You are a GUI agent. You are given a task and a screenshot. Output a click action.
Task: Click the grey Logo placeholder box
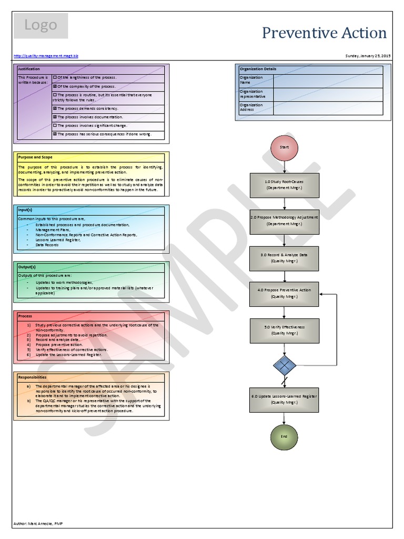(x=41, y=26)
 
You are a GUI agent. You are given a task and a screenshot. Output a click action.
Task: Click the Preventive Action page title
(x=324, y=33)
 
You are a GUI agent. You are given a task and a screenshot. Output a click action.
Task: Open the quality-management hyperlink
(x=46, y=56)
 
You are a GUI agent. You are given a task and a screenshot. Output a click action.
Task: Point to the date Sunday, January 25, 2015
(x=368, y=56)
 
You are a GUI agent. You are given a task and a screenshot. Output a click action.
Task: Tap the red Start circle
(x=284, y=147)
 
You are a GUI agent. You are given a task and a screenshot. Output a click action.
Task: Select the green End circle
(x=284, y=436)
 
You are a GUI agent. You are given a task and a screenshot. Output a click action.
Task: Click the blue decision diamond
(x=285, y=365)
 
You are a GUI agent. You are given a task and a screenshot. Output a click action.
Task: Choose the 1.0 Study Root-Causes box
(x=284, y=184)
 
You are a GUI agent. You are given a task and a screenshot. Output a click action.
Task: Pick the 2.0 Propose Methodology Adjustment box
(x=284, y=220)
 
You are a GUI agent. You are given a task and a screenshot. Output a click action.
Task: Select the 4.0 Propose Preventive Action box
(x=284, y=293)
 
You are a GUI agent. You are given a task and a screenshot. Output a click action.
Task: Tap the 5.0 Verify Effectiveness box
(x=284, y=330)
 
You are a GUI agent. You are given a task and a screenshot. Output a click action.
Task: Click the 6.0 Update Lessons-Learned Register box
(x=284, y=399)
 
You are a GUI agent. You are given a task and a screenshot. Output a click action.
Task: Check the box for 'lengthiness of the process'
(x=55, y=77)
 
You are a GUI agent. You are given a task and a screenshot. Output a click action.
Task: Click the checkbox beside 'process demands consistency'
(x=55, y=108)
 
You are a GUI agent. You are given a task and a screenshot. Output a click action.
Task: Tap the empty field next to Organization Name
(x=328, y=81)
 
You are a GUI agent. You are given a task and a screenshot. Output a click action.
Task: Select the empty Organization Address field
(x=328, y=108)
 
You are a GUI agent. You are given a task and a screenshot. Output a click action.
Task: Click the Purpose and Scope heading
(x=35, y=157)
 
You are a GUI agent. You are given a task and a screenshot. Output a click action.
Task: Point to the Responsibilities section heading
(x=32, y=377)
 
